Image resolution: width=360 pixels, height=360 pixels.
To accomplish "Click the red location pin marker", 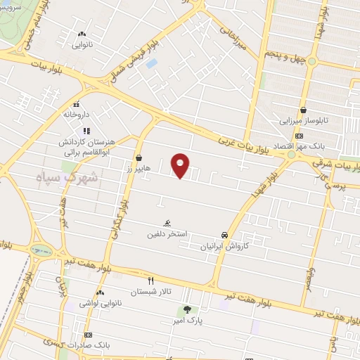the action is (181, 165).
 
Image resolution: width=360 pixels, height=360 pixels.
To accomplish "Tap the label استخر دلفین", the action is (167, 231).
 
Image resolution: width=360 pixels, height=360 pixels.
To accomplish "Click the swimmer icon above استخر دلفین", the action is (167, 222).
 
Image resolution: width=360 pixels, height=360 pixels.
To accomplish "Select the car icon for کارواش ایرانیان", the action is (224, 235).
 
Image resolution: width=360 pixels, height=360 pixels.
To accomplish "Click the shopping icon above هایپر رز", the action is (139, 158).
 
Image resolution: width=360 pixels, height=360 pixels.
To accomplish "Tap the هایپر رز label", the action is (139, 169).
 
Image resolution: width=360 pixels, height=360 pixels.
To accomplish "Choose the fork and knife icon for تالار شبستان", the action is (150, 280).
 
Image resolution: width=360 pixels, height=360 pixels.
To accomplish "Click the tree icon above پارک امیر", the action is (187, 309).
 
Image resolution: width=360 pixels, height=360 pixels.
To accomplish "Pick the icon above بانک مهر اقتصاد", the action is (300, 136).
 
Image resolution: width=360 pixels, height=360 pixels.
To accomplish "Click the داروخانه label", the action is (77, 113).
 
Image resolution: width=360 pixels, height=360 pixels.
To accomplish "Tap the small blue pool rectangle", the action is (151, 64).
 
